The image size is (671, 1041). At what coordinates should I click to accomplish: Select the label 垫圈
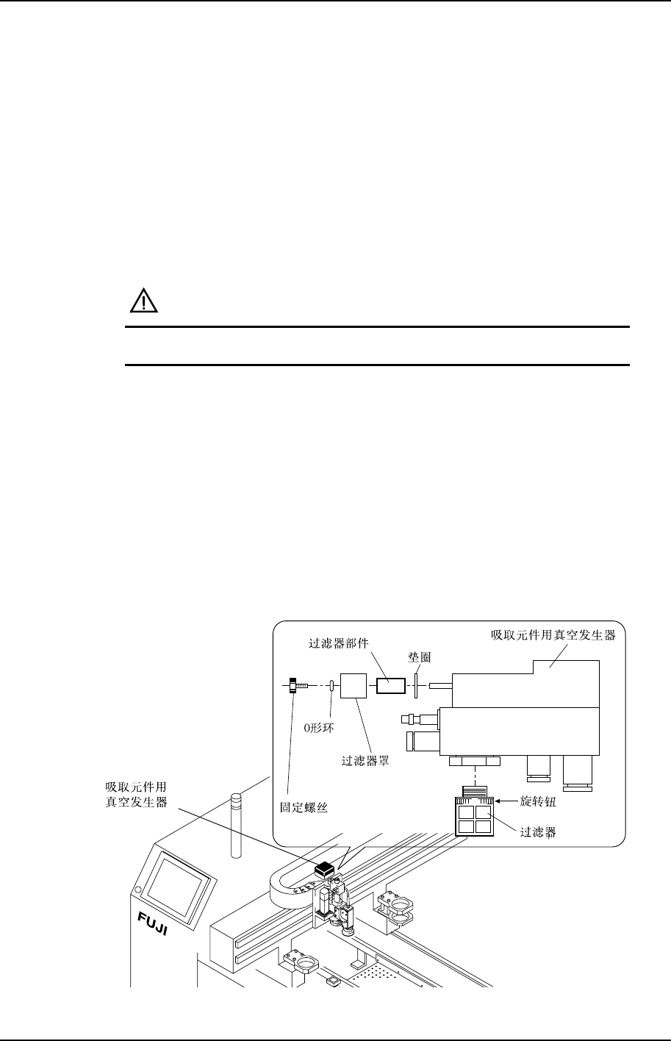pos(419,654)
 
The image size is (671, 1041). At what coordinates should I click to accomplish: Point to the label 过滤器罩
pos(365,762)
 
